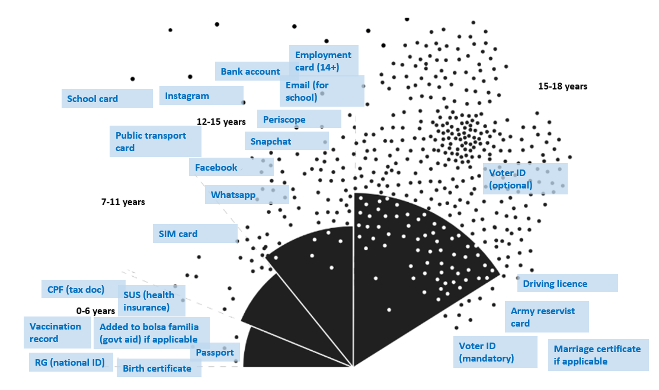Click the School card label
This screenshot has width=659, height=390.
[x=92, y=99]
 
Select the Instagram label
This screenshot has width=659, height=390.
[x=187, y=96]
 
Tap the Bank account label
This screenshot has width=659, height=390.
[x=250, y=72]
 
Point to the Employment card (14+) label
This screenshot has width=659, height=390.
[x=323, y=61]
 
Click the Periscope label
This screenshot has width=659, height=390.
[x=284, y=119]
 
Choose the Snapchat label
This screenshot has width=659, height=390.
[x=271, y=142]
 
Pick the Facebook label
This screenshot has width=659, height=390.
[x=216, y=168]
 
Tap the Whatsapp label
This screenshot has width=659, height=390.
[x=233, y=194]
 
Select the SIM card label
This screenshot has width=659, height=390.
[x=178, y=234]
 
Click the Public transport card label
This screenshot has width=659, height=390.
[x=151, y=142]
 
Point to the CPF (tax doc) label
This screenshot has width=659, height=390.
[x=76, y=290]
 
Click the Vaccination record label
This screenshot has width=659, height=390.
[x=56, y=333]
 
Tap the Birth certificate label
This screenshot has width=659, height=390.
[x=157, y=369]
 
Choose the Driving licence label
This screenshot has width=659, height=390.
[x=555, y=284]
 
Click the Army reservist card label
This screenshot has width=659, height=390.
[x=543, y=317]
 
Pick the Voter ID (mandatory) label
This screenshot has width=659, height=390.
[x=486, y=352]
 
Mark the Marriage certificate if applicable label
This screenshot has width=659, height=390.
[x=597, y=355]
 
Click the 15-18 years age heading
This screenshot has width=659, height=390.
[x=562, y=87]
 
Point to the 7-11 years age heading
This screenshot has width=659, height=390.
[x=123, y=202]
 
